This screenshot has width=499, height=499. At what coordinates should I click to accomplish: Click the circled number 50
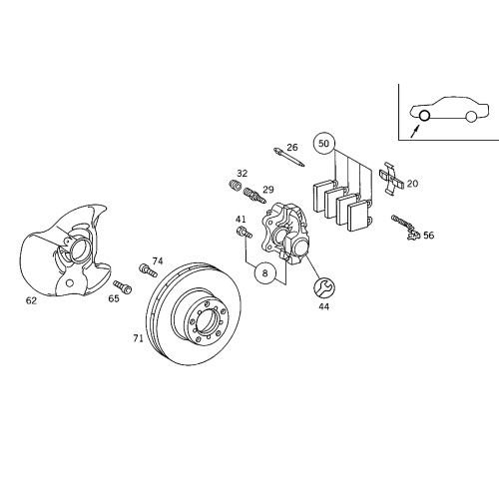click(322, 143)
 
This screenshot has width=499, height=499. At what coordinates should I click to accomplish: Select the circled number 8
click(264, 271)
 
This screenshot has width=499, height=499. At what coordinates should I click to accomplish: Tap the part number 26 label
click(292, 148)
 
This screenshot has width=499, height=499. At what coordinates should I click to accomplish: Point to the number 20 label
click(412, 184)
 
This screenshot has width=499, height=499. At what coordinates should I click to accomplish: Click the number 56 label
click(428, 236)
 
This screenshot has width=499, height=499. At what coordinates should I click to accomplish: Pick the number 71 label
click(138, 338)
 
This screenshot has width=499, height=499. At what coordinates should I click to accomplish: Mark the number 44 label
click(323, 306)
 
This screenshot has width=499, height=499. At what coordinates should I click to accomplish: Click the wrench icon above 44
click(323, 288)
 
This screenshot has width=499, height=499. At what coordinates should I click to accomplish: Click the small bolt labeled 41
click(243, 233)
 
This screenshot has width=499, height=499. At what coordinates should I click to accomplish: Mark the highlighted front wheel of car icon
click(423, 117)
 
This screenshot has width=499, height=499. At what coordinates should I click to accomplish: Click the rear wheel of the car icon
click(470, 117)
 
